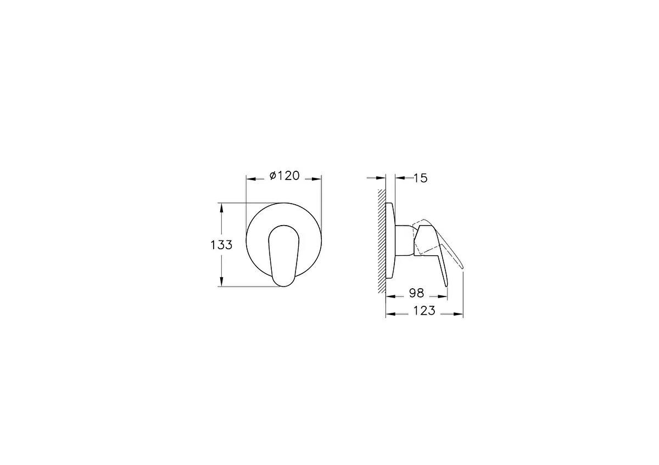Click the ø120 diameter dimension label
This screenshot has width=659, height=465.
(x=284, y=176)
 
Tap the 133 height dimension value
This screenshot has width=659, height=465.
(x=221, y=245)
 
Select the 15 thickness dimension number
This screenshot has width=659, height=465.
(x=420, y=178)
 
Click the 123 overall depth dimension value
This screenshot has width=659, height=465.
(x=423, y=311)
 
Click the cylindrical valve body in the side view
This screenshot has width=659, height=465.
(x=404, y=240)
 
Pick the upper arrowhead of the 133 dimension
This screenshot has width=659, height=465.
(x=221, y=206)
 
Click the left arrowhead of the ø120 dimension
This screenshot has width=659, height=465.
(x=250, y=178)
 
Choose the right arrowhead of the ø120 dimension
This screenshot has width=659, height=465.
(x=317, y=178)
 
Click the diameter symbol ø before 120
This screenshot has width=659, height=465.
(x=272, y=176)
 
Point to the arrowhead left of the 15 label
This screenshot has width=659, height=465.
(x=399, y=178)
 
